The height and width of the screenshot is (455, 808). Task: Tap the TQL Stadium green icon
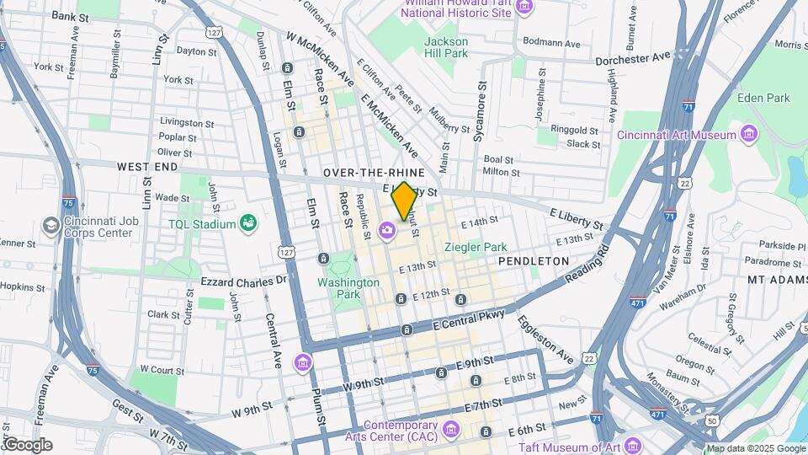(248, 222)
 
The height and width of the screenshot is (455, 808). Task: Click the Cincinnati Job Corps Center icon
(50, 226)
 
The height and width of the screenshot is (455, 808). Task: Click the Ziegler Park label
(476, 247)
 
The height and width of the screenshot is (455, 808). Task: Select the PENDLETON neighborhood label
(534, 261)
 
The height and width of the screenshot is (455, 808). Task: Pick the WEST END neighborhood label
(147, 167)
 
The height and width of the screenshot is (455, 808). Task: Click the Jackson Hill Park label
(445, 47)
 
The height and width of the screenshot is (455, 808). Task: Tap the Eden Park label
(762, 98)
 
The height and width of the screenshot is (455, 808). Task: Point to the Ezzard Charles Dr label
(244, 280)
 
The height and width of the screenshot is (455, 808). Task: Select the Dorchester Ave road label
(632, 58)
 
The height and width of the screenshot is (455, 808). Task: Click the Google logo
(27, 445)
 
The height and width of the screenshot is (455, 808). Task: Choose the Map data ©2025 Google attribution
(755, 448)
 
